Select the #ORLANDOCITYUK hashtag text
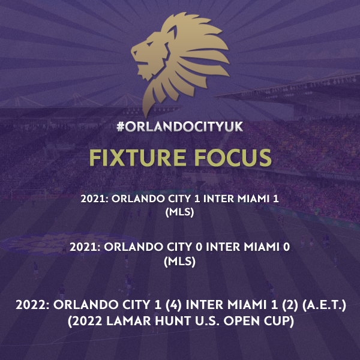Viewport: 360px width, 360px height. [x=180, y=127]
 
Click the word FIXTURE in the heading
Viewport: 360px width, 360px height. [x=138, y=157]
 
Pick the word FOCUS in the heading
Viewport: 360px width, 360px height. [x=233, y=157]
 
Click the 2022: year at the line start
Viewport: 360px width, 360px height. [x=32, y=305]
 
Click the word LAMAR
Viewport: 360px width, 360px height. [x=128, y=321]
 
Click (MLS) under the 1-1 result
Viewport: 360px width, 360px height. [x=180, y=212]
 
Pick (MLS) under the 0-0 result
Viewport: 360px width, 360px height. [x=180, y=262]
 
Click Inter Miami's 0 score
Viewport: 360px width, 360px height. [x=286, y=247]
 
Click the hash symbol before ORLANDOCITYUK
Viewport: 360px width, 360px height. [x=121, y=127]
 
